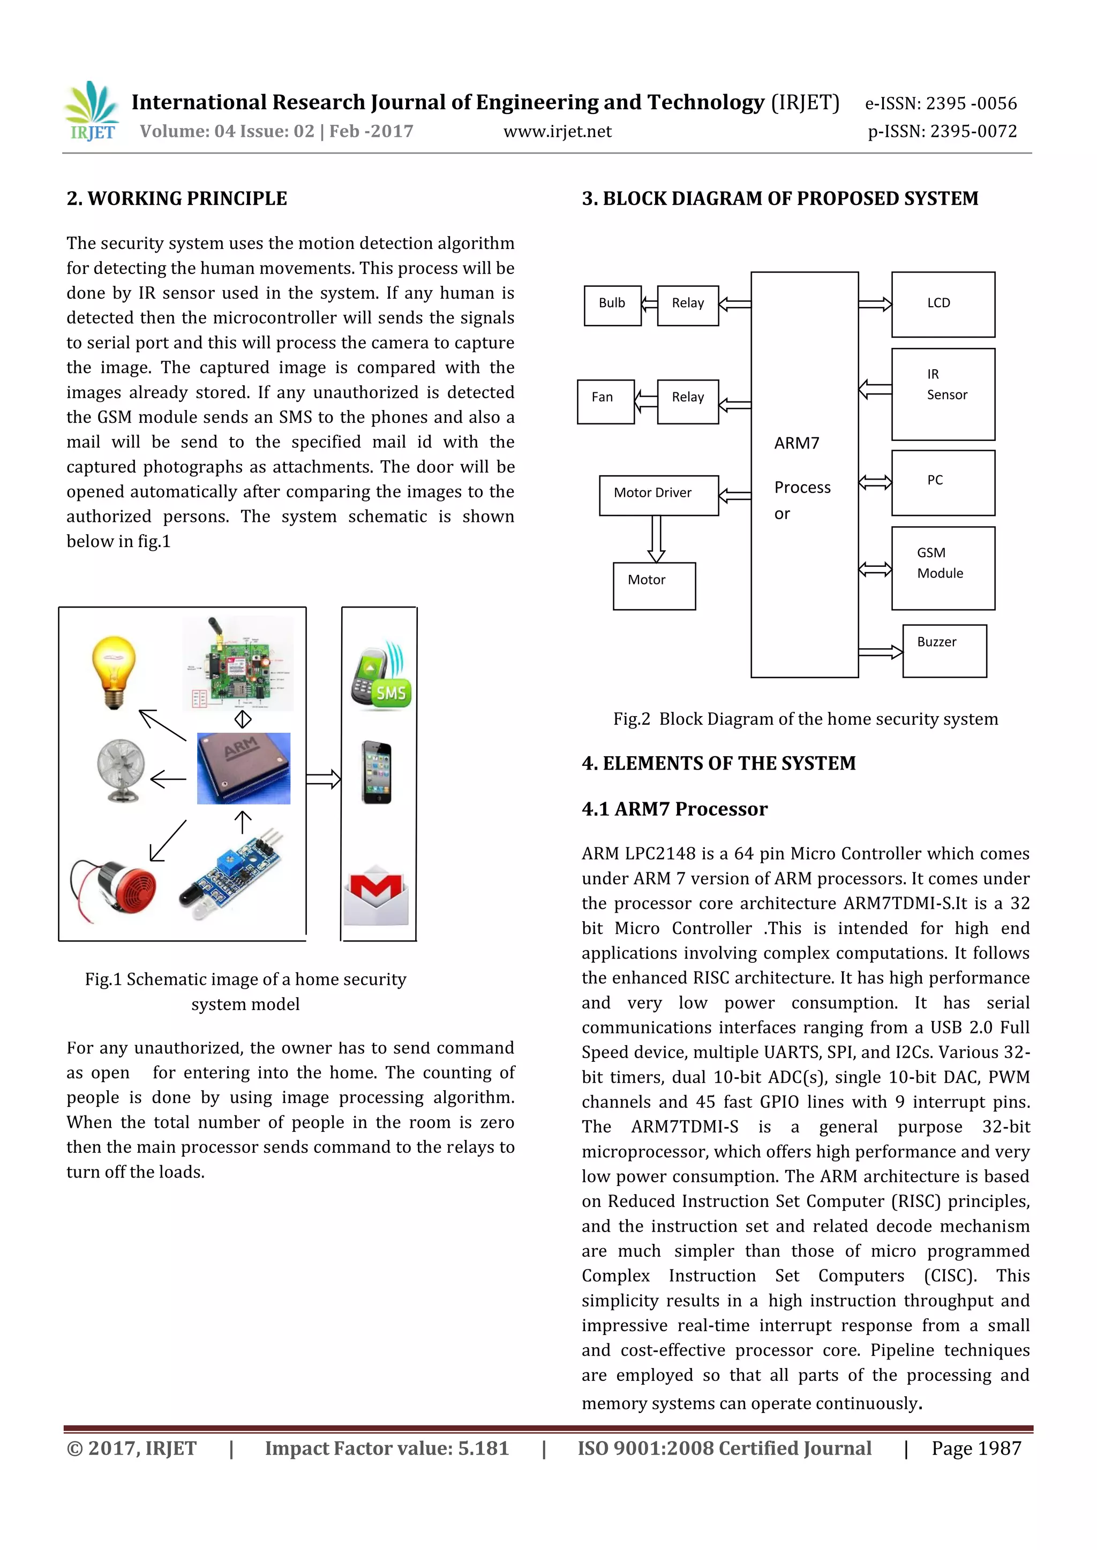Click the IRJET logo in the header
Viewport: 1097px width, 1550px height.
(x=93, y=111)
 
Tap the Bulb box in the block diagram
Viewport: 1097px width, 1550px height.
(x=612, y=305)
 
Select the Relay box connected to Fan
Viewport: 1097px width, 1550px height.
(x=688, y=401)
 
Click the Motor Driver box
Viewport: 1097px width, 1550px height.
(x=659, y=495)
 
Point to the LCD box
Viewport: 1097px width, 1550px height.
(x=942, y=305)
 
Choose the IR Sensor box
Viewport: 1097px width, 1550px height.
(x=942, y=394)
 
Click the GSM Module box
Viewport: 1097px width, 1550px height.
(x=942, y=568)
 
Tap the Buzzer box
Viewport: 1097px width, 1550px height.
(x=944, y=650)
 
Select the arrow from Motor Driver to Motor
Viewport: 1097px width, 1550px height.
(x=656, y=539)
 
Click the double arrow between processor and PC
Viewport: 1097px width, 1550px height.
(x=875, y=482)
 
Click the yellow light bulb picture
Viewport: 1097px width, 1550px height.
(x=114, y=672)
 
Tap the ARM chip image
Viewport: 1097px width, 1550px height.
(x=243, y=768)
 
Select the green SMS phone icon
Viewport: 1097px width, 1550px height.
(x=381, y=676)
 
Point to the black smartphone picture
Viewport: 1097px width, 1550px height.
(x=376, y=772)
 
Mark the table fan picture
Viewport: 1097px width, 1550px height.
(x=120, y=770)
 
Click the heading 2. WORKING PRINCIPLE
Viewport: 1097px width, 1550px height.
(x=176, y=199)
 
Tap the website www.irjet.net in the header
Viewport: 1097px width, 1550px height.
(x=557, y=132)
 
